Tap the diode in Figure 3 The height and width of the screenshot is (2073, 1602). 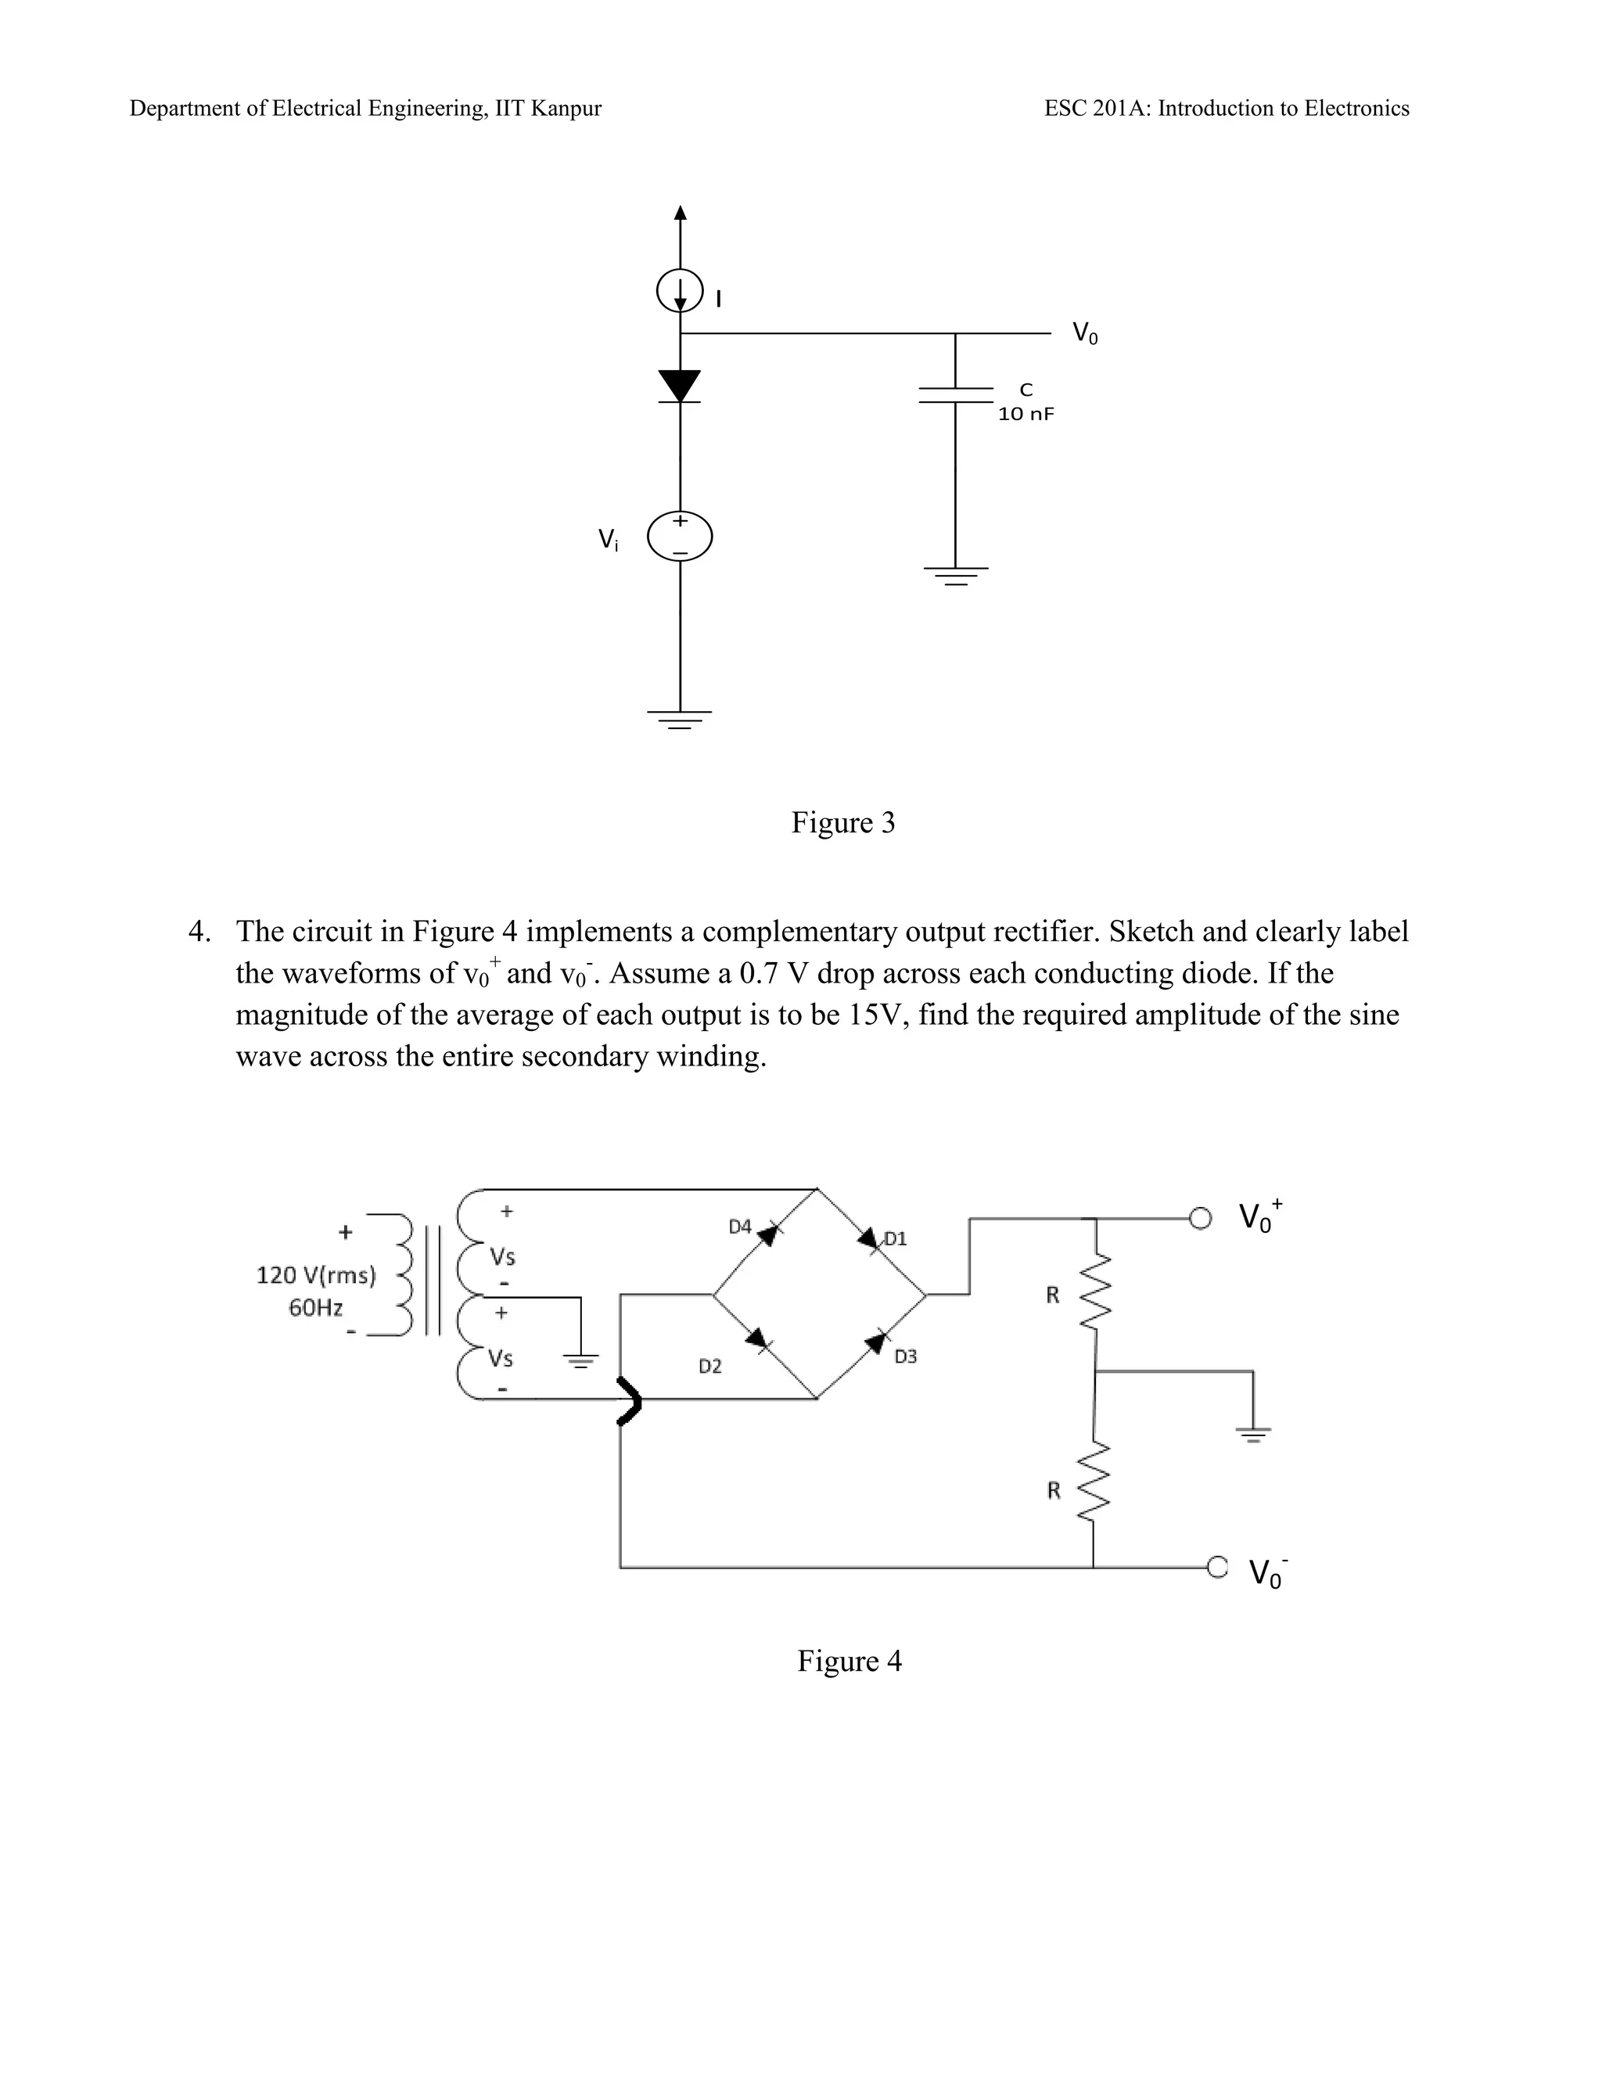point(680,386)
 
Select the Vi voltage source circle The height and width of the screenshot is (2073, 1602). point(680,537)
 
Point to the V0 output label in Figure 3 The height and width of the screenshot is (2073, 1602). point(1085,333)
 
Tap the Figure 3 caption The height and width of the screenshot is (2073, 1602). point(842,823)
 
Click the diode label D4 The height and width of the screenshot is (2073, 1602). point(739,1227)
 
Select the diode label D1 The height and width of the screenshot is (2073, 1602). point(896,1238)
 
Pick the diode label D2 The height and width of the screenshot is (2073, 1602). point(710,1366)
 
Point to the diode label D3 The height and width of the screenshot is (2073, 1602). point(905,1356)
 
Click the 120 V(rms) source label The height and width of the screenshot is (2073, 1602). point(316,1275)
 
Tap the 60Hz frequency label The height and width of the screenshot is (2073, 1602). point(315,1308)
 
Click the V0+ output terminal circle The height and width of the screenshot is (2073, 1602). point(1201,1218)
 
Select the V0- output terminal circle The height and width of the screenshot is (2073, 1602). point(1216,1567)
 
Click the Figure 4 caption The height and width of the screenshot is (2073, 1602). point(849,1661)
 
